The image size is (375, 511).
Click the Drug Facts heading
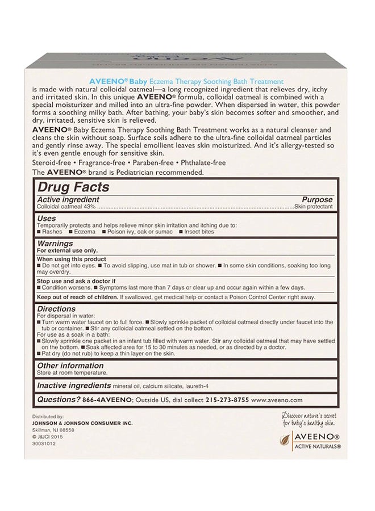pos(73,187)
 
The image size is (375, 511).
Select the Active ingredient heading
pos(68,200)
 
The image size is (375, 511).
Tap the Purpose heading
pos(317,200)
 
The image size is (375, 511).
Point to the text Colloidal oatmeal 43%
pos(60,206)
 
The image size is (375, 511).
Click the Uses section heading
pos(46,218)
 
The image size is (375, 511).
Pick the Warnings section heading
pos(55,242)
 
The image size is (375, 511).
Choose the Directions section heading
pos(56,309)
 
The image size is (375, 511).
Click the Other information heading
pos(70,366)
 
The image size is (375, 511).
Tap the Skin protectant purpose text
pos(313,206)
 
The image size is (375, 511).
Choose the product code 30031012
pos(45,445)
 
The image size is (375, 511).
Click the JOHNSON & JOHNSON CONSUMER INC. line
pos(74,424)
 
